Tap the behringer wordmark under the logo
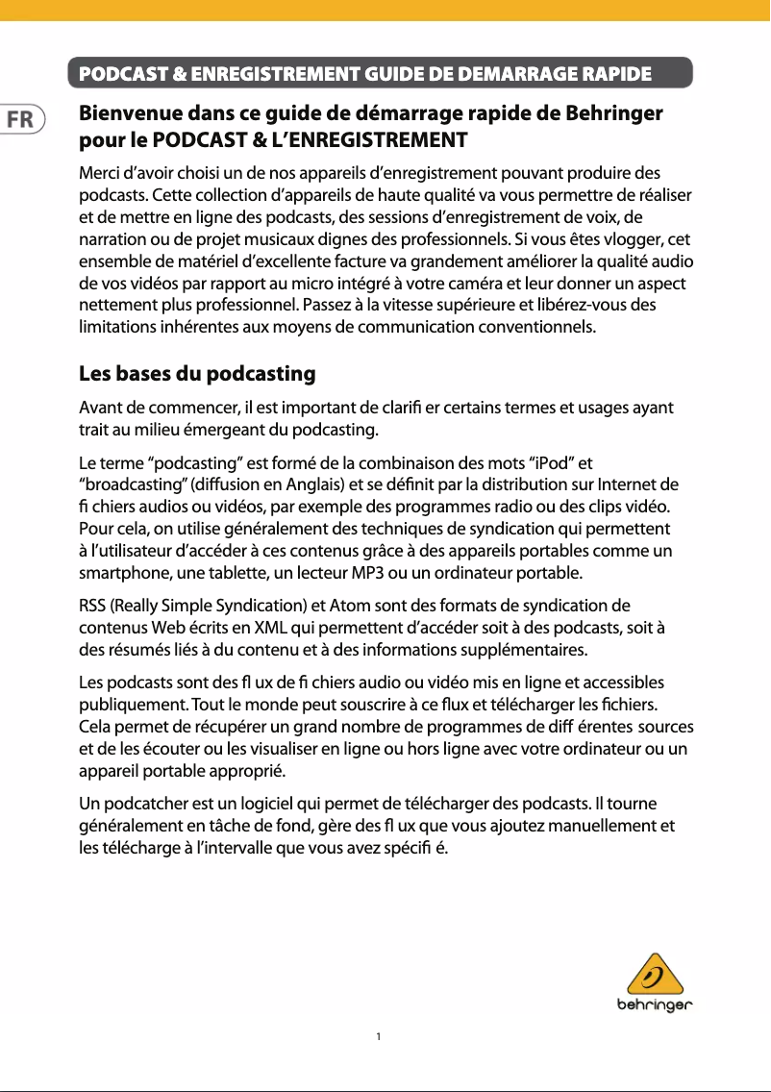[655, 1006]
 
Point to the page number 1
[380, 1036]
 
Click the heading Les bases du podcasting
[197, 373]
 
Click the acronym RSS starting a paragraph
[92, 606]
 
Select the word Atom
[354, 606]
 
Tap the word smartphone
[120, 574]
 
